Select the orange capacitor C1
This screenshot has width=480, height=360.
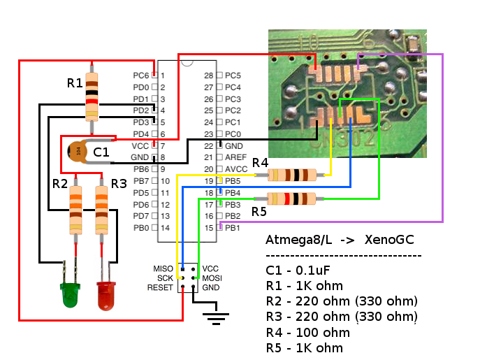pos(78,150)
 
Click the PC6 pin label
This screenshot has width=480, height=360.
pos(140,75)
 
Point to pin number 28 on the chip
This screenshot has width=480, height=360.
pos(208,75)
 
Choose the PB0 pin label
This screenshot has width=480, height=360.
pos(140,228)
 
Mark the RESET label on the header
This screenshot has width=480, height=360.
pos(160,287)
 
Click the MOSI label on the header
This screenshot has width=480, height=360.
pos(212,278)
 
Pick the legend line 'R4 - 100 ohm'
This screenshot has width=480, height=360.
pos(307,333)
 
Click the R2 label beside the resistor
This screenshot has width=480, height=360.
pos(60,184)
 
